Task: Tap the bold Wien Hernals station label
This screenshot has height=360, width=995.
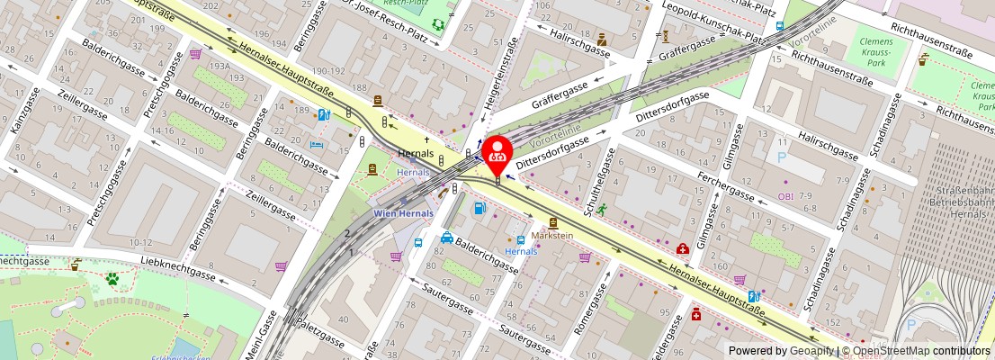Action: (403, 213)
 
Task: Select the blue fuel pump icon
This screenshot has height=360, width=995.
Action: (480, 209)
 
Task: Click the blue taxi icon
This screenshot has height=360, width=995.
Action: (447, 238)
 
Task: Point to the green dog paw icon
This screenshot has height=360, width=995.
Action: (113, 279)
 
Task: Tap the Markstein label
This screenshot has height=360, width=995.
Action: (551, 236)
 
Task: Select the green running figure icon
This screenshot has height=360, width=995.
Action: (600, 208)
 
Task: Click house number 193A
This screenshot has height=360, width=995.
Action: (218, 66)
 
